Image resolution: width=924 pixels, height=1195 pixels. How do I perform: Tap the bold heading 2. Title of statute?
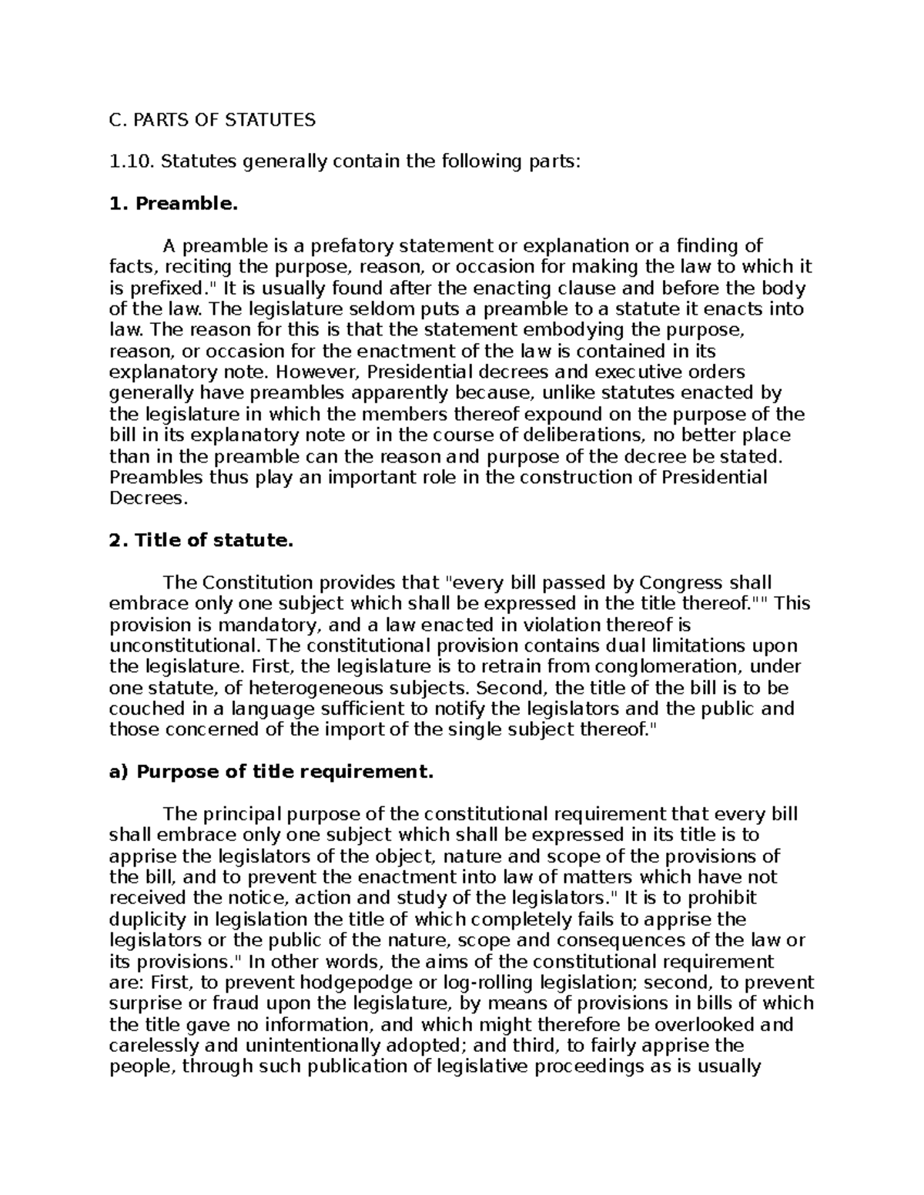coord(202,540)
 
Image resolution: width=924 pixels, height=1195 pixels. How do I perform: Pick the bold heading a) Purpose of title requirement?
coord(272,772)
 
